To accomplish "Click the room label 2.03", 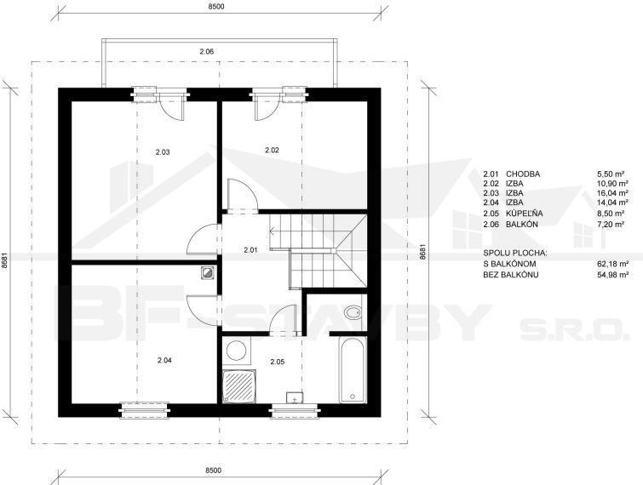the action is click(163, 152).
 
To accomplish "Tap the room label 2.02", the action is click(272, 151).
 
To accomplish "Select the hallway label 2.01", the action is click(250, 249).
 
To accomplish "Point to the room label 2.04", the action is click(164, 361).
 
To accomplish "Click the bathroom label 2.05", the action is click(277, 362).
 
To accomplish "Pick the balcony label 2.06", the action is click(207, 52).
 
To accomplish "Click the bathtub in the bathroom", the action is click(353, 370).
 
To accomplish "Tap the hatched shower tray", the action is click(239, 385).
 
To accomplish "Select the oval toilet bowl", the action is click(353, 313).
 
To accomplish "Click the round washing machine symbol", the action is click(237, 352).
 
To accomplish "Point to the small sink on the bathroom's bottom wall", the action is click(295, 397).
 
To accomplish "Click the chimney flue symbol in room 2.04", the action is click(209, 273).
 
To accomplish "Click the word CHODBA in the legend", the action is click(523, 174).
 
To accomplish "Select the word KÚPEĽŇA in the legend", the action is click(525, 213).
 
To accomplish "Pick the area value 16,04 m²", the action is click(612, 193).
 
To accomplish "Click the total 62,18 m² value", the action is click(612, 264).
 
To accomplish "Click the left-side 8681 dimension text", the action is click(4, 260).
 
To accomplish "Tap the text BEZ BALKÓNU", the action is click(511, 275).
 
